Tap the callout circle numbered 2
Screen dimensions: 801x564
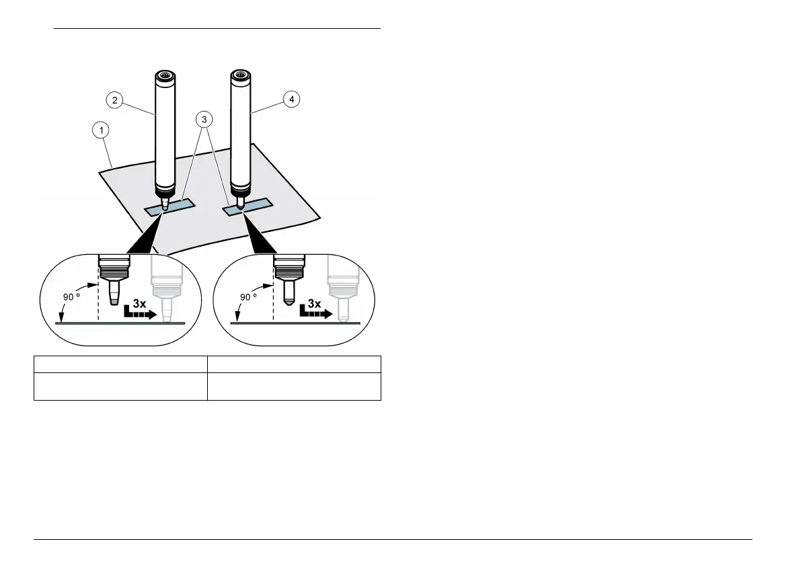point(115,100)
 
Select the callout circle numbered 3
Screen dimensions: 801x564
point(204,119)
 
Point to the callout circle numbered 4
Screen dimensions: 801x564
point(291,100)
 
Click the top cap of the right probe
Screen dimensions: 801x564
point(241,75)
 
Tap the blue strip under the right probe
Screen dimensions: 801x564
point(249,206)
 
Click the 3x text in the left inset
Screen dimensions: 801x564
point(139,303)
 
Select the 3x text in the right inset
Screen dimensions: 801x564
point(314,303)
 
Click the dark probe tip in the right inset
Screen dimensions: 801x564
point(289,294)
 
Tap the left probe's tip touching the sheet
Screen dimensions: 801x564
point(165,205)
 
